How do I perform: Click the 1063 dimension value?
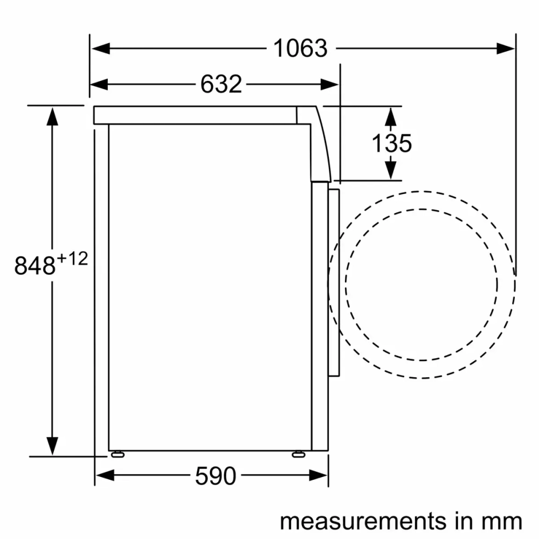pyautogui.click(x=300, y=49)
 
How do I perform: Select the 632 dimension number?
pyautogui.click(x=221, y=84)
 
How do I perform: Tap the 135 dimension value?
pyautogui.click(x=391, y=143)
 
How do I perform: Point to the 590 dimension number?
pyautogui.click(x=216, y=475)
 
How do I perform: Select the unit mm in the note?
pyautogui.click(x=503, y=521)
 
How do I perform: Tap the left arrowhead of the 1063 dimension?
pyautogui.click(x=100, y=49)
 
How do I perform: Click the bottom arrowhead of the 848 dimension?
pyautogui.click(x=52, y=446)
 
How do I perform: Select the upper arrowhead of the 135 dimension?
pyautogui.click(x=391, y=115)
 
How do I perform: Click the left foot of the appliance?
pyautogui.click(x=116, y=454)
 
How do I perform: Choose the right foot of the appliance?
pyautogui.click(x=297, y=454)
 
